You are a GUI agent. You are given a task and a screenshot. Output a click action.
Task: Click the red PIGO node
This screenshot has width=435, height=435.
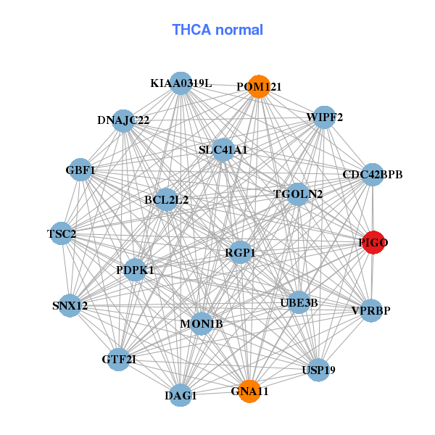[373, 242]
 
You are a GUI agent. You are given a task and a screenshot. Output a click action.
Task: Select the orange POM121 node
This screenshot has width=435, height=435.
[259, 86]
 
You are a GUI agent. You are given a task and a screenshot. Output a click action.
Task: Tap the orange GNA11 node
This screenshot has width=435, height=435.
[249, 391]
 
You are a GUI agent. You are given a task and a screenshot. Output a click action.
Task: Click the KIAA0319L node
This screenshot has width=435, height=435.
[181, 83]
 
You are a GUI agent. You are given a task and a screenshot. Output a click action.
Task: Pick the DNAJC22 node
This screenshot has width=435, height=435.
[124, 120]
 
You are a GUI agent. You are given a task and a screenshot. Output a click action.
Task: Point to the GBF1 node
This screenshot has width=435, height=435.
[80, 170]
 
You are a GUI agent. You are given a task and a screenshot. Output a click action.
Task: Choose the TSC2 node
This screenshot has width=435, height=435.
[62, 233]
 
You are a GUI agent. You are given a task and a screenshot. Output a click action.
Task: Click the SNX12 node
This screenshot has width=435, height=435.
[70, 305]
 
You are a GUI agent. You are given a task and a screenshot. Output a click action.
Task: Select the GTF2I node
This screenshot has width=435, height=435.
[118, 360]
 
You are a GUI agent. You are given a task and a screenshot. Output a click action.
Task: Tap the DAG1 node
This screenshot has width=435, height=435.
[181, 395]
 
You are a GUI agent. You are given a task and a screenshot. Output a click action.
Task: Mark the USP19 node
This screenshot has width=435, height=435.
[319, 370]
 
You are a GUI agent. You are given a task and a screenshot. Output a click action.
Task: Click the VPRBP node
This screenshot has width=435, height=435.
[371, 310]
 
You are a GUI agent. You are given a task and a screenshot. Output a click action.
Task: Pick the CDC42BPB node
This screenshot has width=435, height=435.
[373, 175]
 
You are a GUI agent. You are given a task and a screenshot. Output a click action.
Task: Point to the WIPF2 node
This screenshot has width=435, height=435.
[324, 117]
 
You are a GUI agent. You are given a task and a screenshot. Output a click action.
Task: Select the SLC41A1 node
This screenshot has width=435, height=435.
[223, 150]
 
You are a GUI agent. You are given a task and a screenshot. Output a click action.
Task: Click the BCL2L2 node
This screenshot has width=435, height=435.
[166, 200]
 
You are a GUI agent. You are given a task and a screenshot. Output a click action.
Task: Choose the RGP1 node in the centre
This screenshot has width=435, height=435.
[240, 252]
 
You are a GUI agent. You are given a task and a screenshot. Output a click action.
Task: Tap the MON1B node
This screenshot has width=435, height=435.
[202, 323]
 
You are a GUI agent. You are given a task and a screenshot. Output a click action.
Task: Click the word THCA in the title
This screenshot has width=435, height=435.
[191, 30]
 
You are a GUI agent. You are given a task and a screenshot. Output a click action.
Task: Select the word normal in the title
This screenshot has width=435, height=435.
[239, 30]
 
